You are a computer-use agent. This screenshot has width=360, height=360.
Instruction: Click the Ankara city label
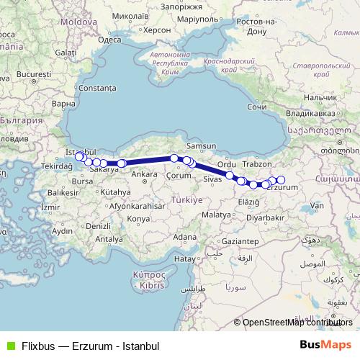pos(144,174)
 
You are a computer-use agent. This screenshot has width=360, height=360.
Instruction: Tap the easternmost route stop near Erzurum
pos(281,180)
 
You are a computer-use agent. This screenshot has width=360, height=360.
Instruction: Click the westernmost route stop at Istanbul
pos(79,156)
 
